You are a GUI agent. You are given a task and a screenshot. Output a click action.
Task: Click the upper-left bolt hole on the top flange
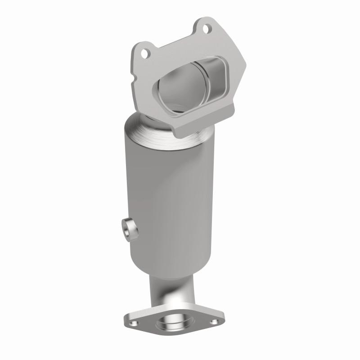pos(145,54)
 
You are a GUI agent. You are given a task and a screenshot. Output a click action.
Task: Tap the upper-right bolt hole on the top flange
pos(206,30)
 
